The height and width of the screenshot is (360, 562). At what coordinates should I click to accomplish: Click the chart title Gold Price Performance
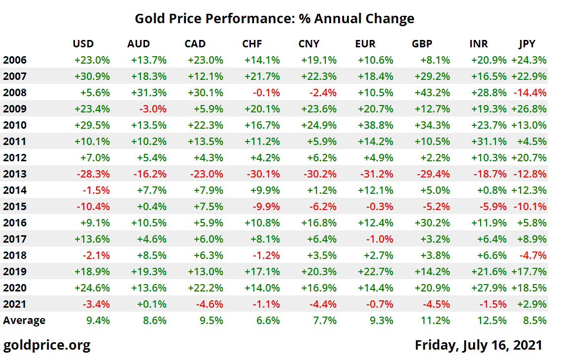pyautogui.click(x=274, y=19)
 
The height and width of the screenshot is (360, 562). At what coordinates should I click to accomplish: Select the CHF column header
pyautogui.click(x=252, y=44)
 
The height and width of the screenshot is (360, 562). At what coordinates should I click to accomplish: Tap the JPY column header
pyautogui.click(x=527, y=44)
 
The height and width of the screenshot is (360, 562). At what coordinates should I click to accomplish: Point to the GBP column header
pyautogui.click(x=422, y=44)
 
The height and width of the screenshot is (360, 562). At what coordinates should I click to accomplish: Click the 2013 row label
pyautogui.click(x=15, y=174)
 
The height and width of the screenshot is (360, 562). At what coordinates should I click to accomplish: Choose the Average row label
pyautogui.click(x=24, y=321)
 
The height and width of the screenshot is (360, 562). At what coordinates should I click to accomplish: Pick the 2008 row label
pyautogui.click(x=15, y=93)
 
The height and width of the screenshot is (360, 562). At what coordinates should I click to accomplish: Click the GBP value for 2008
pyautogui.click(x=432, y=93)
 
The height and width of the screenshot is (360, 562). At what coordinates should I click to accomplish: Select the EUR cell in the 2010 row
pyautogui.click(x=376, y=125)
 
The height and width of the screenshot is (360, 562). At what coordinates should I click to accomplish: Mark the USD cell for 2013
pyautogui.click(x=92, y=174)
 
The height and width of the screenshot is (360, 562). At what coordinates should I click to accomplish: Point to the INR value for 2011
pyautogui.click(x=489, y=142)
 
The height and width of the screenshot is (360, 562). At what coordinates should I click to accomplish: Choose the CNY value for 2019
pyautogui.click(x=319, y=272)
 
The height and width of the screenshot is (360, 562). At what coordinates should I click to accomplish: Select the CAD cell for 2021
pyautogui.click(x=208, y=304)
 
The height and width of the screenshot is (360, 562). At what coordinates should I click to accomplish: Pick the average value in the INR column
pyautogui.click(x=493, y=321)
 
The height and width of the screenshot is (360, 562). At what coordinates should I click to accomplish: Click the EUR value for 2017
pyautogui.click(x=380, y=239)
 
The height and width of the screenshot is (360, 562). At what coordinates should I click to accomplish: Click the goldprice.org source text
pyautogui.click(x=47, y=345)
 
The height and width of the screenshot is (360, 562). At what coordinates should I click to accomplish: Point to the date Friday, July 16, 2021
pyautogui.click(x=478, y=345)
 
